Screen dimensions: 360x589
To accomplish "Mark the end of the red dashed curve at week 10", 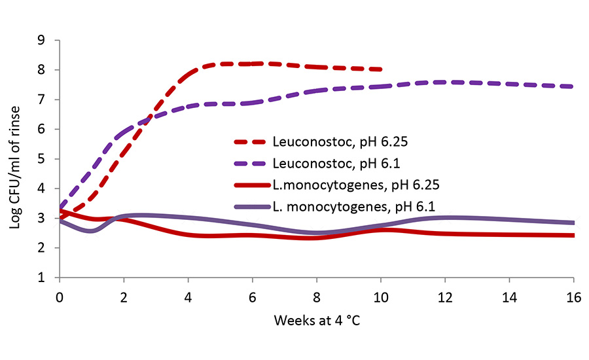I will pyautogui.click(x=380, y=69).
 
